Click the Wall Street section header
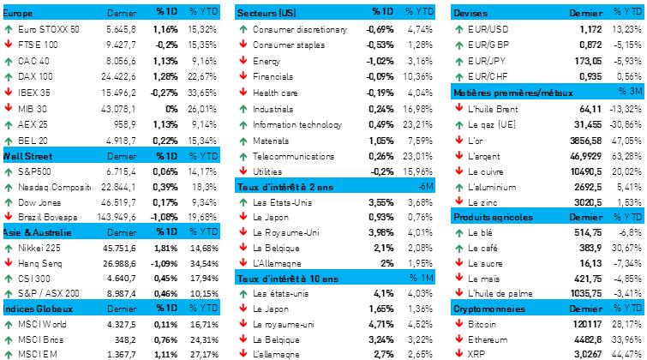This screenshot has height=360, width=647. coord(28,157)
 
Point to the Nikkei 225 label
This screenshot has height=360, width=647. coord(43,249)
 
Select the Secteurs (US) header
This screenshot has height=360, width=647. coord(267,14)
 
